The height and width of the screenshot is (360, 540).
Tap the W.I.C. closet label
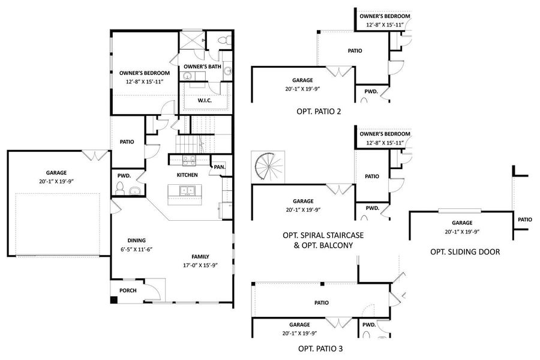tap(205, 100)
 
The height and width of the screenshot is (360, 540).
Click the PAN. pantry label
tap(219, 167)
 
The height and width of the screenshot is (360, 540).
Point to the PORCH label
tap(127, 290)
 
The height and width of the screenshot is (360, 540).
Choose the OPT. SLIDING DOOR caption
tap(465, 252)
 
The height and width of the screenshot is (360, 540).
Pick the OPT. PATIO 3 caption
tap(321, 348)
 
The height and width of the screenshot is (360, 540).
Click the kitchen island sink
tap(188, 192)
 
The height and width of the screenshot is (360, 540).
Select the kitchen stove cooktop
tap(188, 160)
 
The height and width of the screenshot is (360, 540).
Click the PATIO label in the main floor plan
tap(127, 142)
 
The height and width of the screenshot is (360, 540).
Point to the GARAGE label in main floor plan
tap(56, 172)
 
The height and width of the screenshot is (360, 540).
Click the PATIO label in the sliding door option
tap(524, 220)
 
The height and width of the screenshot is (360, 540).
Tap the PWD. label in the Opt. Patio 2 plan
tap(371, 92)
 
